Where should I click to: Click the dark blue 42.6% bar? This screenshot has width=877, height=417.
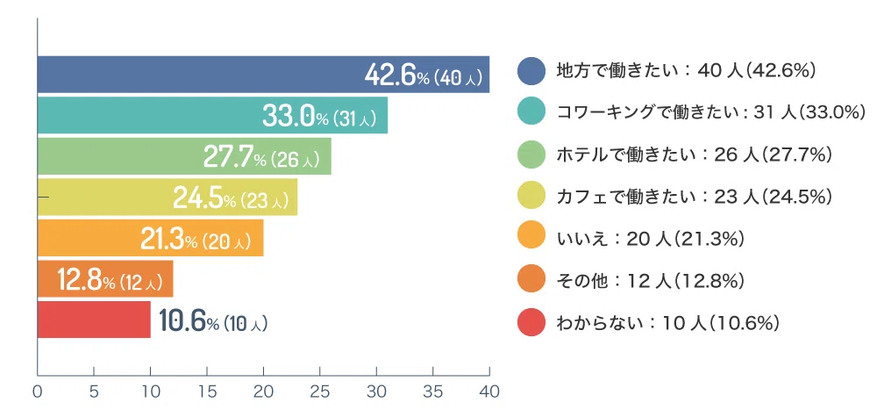[263, 75]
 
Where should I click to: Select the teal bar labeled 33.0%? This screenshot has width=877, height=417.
[212, 115]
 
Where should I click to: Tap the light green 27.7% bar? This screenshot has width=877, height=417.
[184, 156]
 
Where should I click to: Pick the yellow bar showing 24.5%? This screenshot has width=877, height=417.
[168, 197]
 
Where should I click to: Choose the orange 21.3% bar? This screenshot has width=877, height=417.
[151, 238]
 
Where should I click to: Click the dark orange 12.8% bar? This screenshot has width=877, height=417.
[105, 279]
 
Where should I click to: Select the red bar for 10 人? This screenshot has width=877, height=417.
[94, 320]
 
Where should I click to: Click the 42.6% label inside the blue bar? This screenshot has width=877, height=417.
[396, 75]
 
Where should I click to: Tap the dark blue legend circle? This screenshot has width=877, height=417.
[531, 71]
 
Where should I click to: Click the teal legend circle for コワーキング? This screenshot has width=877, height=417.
[531, 113]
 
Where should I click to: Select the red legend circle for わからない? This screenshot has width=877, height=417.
[531, 323]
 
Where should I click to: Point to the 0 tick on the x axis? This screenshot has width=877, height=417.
[38, 392]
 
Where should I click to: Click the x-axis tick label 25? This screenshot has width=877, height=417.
[320, 392]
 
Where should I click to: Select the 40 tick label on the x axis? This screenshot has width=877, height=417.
[489, 392]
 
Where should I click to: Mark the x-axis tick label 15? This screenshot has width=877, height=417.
[207, 392]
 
